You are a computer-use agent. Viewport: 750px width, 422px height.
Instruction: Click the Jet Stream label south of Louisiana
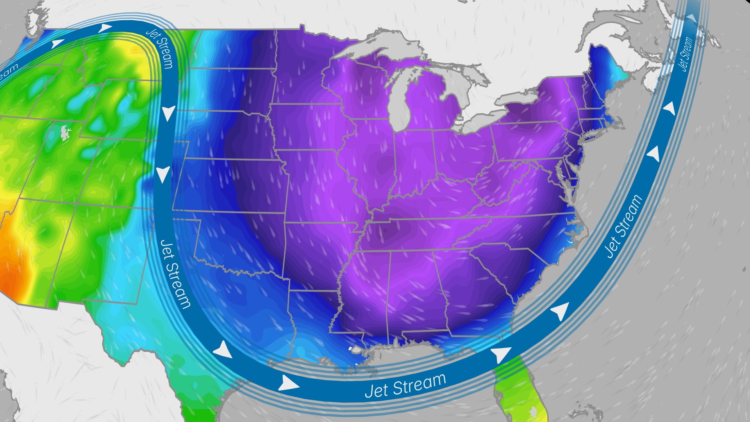(405, 385)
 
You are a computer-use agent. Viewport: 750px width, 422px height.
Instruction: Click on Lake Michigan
(406, 105)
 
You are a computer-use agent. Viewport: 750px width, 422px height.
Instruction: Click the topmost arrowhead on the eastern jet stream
(691, 18)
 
